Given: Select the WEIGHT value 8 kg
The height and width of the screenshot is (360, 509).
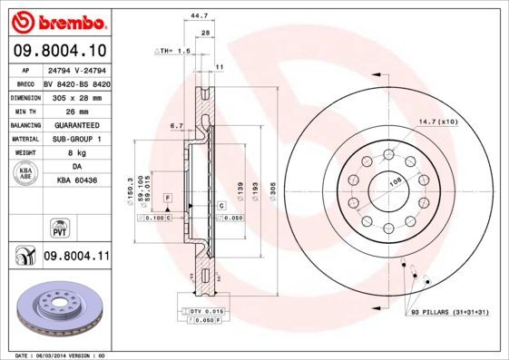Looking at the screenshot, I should point(75,154).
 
